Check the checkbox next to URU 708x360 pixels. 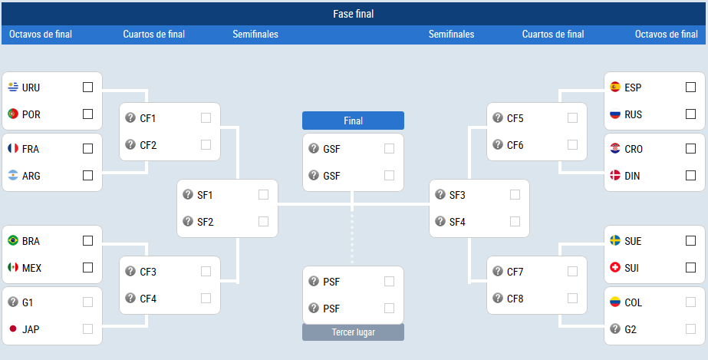(88, 88)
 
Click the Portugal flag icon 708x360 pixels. (13, 114)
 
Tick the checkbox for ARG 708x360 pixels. (88, 175)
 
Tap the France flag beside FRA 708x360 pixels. (13, 148)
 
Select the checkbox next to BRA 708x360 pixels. (88, 241)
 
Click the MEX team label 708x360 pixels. (31, 269)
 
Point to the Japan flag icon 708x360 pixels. (13, 329)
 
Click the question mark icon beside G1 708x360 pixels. (13, 302)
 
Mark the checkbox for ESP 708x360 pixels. (690, 88)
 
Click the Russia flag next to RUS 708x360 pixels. (615, 114)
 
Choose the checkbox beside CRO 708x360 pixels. (690, 148)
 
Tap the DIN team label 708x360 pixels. (632, 176)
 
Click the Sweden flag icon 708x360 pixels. (615, 240)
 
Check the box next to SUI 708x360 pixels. (690, 267)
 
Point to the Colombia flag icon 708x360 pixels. (615, 302)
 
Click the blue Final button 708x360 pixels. (353, 121)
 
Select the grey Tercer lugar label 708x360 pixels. (353, 332)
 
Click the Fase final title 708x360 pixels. (354, 14)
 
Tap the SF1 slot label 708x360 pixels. (205, 195)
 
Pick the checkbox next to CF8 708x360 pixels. (572, 298)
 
